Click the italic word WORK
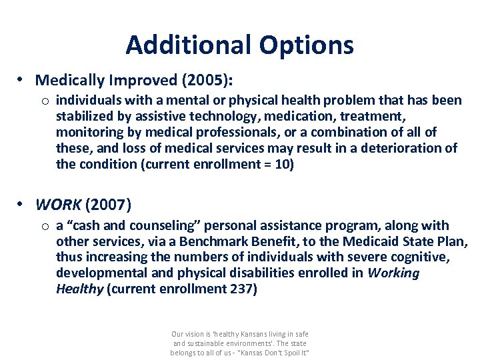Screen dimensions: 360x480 [58, 203]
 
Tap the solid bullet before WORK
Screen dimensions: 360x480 [21, 203]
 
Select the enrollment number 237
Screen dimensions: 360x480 [243, 289]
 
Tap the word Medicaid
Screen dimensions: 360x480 [366, 241]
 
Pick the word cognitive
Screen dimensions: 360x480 [423, 257]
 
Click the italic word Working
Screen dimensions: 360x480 [394, 273]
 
